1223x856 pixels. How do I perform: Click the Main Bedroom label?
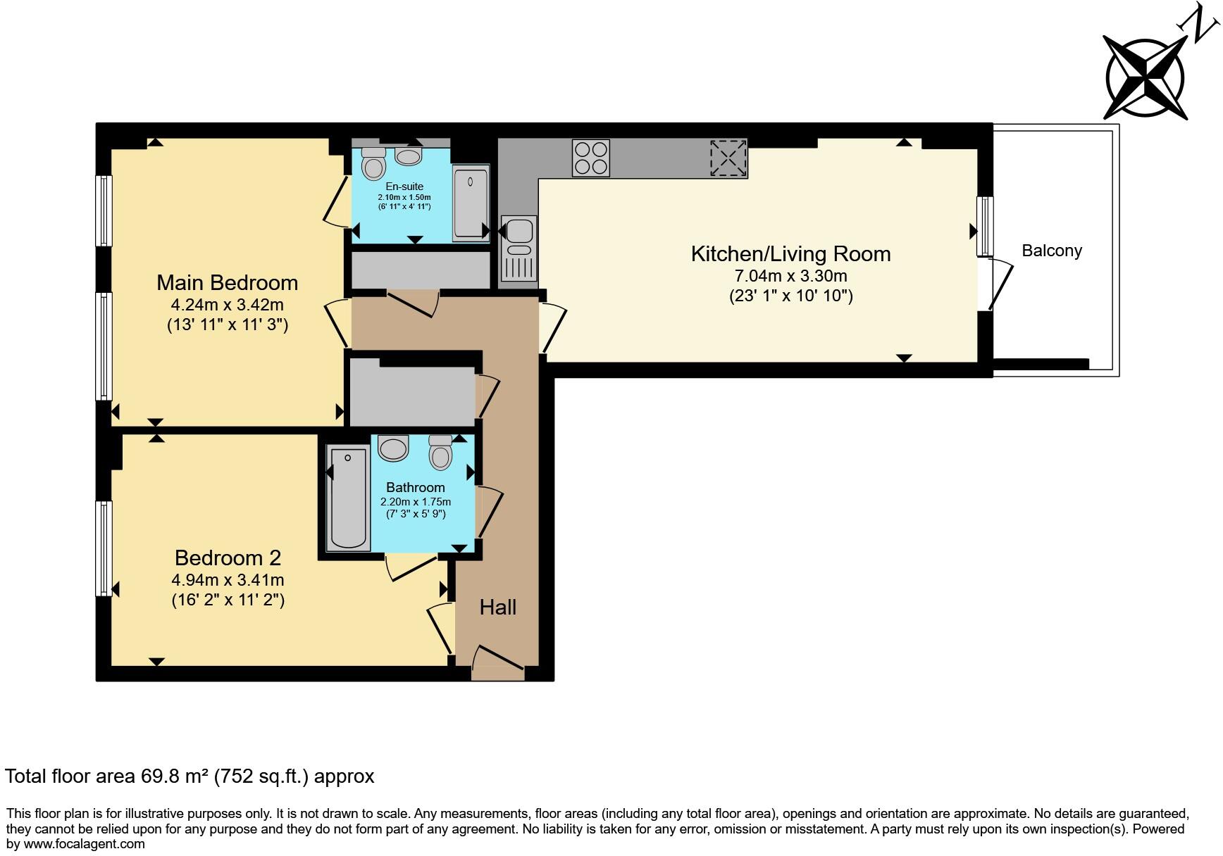pos(227,282)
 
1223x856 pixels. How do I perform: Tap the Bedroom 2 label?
pos(228,558)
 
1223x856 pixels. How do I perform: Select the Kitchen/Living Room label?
pos(790,253)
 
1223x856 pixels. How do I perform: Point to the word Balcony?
pos(1051,251)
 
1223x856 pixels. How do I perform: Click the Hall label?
pos(497,607)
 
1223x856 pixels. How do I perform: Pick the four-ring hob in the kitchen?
pos(590,158)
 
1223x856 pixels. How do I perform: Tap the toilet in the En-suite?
pos(373,163)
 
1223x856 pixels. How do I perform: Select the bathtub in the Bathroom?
pos(348,498)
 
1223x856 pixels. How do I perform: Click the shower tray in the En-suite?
pos(470,203)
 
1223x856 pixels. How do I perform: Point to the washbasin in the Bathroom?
pos(393,448)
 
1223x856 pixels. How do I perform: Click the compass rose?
pos(1145,78)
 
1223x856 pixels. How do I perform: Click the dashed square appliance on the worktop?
pos(728,158)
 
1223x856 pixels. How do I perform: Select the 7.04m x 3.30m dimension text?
pos(790,276)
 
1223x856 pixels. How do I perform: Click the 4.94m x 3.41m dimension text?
pos(228,580)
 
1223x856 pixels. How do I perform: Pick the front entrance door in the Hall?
pos(498,664)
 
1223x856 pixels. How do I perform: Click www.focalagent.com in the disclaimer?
pos(84,843)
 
